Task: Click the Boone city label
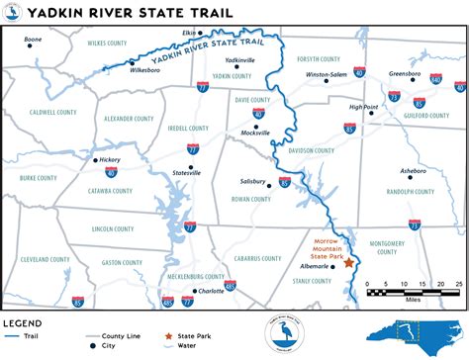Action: (x=34, y=40)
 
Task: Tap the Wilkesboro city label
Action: (x=144, y=70)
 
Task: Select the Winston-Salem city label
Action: (x=327, y=74)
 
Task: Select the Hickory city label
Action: (x=109, y=159)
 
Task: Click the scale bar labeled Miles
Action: (x=413, y=292)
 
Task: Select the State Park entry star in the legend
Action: (x=169, y=336)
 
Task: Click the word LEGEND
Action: (x=24, y=322)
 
